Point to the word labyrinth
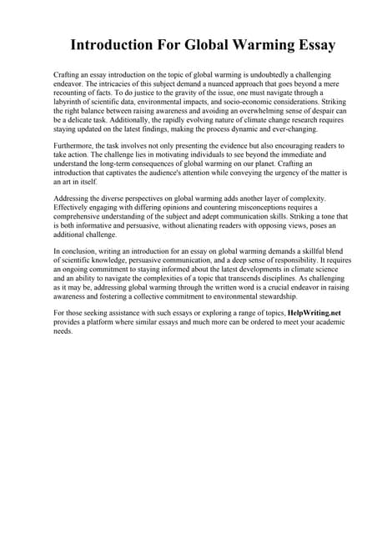click(x=71, y=101)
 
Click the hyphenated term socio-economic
click(x=240, y=101)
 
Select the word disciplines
click(x=278, y=278)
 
